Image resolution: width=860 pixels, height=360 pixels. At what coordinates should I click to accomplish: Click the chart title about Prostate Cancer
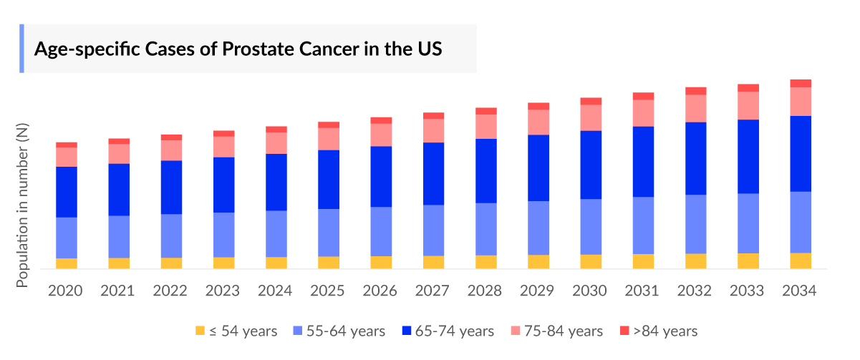[238, 49]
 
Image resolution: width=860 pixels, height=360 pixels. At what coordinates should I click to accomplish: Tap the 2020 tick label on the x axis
[66, 291]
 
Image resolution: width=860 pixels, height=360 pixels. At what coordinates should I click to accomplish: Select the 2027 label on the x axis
[433, 291]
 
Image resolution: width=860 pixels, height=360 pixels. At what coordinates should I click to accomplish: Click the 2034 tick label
[800, 291]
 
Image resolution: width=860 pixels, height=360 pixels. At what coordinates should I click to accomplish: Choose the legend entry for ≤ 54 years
[236, 331]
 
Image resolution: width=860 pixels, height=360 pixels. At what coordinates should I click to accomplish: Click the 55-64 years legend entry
[339, 331]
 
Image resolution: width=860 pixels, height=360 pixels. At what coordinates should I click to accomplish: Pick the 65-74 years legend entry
[448, 331]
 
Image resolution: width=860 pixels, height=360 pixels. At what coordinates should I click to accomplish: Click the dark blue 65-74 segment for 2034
[801, 153]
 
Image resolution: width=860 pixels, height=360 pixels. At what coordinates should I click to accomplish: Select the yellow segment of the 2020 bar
[67, 263]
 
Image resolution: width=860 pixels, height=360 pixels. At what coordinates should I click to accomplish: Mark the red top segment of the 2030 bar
[591, 101]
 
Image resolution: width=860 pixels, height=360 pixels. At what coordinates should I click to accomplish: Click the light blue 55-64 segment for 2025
[329, 233]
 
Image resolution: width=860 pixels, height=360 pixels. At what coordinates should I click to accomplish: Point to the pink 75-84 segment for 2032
[696, 108]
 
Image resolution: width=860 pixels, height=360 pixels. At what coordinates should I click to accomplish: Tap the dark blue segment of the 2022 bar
[171, 187]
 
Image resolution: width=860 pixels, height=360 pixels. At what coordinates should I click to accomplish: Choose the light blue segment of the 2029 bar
[538, 228]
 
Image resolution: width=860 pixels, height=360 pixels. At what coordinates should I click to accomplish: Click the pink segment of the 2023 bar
[223, 146]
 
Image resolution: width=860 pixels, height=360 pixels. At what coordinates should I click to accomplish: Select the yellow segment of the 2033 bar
[748, 261]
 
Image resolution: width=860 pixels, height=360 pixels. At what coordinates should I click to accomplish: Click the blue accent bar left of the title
[21, 49]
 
